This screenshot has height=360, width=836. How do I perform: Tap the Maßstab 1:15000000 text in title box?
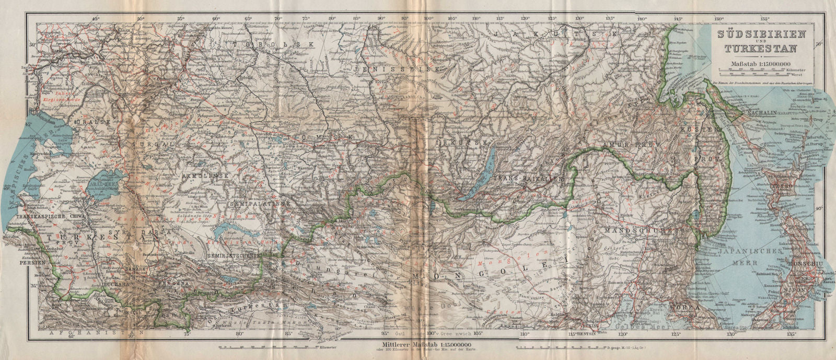click(x=757, y=65)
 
